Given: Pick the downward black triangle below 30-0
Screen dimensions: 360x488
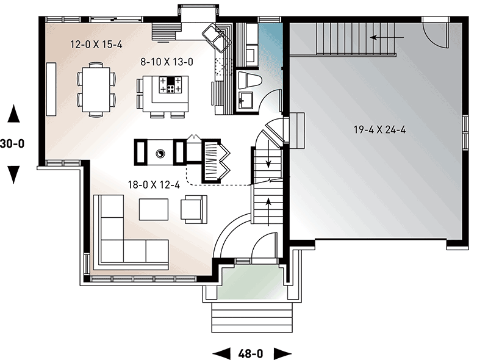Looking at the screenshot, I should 14,175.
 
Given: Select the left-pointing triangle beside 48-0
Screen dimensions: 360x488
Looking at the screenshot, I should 220,353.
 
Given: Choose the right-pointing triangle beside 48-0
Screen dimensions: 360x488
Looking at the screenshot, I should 281,353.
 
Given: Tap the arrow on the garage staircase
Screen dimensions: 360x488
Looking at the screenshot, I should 383,38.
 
